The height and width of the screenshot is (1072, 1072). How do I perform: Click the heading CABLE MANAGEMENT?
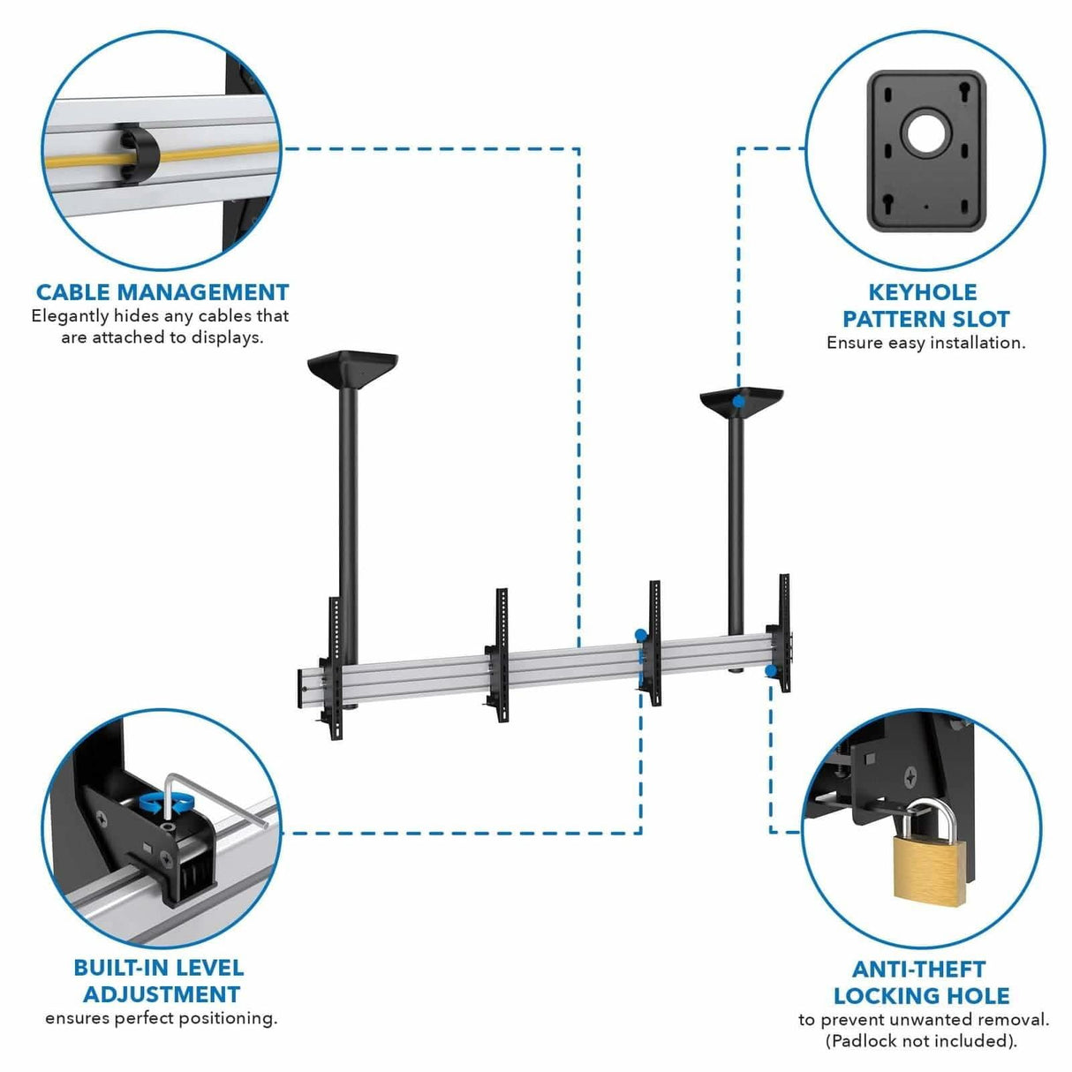(x=162, y=292)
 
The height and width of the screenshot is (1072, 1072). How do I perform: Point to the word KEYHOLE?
(x=923, y=292)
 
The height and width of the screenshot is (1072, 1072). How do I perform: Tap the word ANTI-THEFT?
(x=919, y=969)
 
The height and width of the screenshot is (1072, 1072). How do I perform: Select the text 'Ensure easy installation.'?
(x=925, y=343)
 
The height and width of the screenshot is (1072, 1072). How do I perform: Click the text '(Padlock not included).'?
(x=921, y=1040)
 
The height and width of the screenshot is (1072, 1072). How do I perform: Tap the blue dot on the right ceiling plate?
(x=738, y=402)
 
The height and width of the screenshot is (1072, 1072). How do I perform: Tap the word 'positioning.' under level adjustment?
(x=228, y=1018)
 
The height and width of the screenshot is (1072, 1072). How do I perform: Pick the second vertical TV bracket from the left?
(x=500, y=649)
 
